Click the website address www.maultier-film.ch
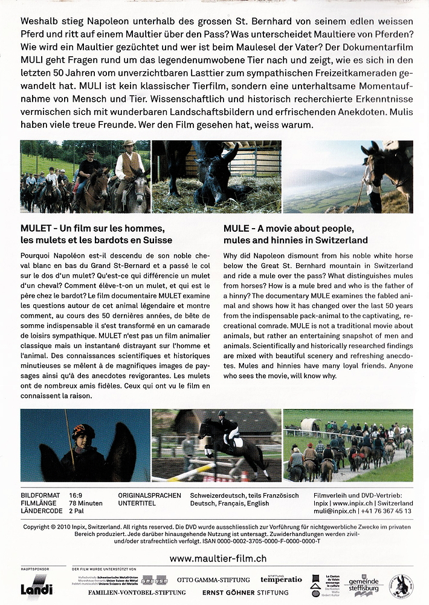(218, 558)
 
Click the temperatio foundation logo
(281, 578)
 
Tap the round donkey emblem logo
(401, 586)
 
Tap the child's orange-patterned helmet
(83, 431)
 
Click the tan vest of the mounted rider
(129, 165)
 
